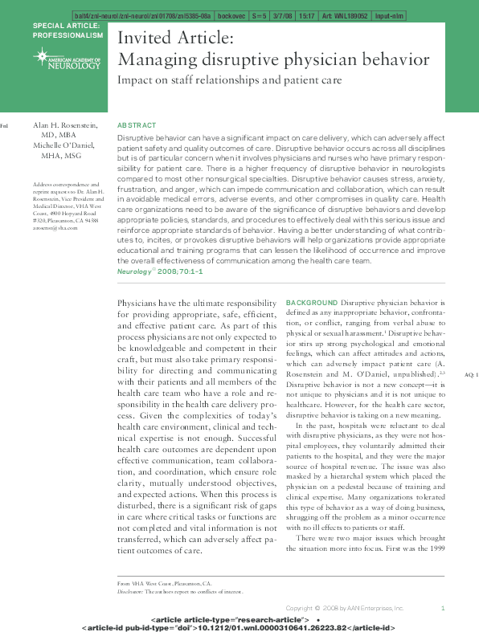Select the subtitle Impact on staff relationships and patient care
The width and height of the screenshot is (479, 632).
click(230, 80)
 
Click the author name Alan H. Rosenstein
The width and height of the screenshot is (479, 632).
click(68, 126)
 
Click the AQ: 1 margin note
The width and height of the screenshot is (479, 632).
click(471, 375)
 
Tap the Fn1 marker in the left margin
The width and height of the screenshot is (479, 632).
click(4, 126)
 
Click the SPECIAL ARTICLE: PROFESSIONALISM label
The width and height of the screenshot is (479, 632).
click(68, 31)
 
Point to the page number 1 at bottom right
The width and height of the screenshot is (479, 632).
click(443, 608)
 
